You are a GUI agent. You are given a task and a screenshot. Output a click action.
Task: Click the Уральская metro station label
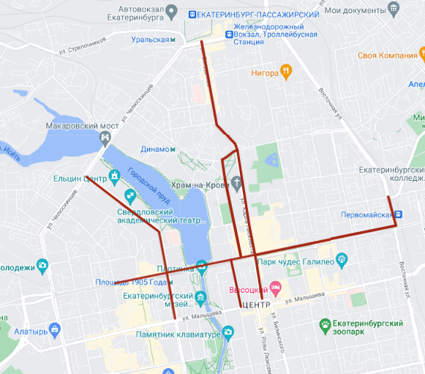click(x=150, y=40)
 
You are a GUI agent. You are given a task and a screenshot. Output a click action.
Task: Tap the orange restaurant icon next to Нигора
click(x=286, y=72)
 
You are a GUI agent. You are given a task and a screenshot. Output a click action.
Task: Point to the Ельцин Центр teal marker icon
click(x=116, y=177)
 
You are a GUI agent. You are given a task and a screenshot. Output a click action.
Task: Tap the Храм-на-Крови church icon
click(x=237, y=183)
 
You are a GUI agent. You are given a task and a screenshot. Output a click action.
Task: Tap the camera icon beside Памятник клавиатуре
click(x=228, y=334)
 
